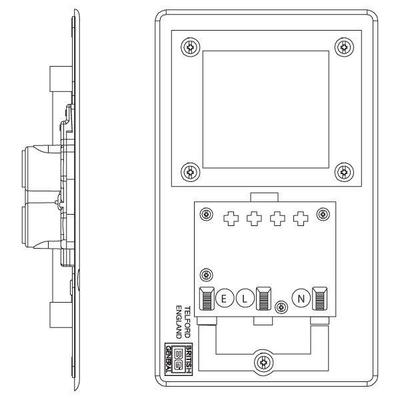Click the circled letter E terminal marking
point(224,299)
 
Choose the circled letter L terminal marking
point(244,299)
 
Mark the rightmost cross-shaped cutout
point(302,218)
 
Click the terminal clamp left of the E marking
point(207,299)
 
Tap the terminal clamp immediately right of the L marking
point(262,299)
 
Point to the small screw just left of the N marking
point(282,307)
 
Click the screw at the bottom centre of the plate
point(265,363)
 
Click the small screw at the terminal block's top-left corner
point(207,214)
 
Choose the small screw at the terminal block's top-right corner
point(323,214)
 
